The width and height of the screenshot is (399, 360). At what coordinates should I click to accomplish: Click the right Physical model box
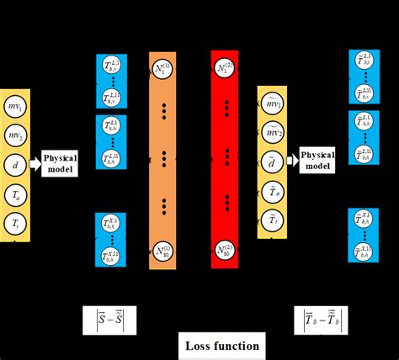317,160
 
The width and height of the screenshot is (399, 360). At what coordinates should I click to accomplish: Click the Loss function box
223,346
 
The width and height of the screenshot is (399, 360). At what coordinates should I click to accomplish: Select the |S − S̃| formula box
109,319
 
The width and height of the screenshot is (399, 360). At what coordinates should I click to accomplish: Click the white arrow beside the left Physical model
35,164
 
